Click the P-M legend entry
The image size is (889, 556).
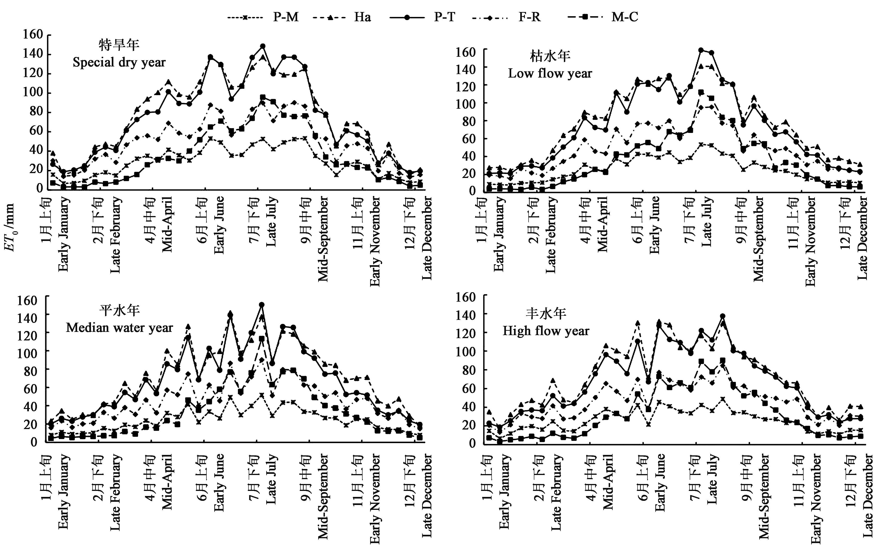pyautogui.click(x=263, y=17)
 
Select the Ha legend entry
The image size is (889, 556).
pyautogui.click(x=342, y=17)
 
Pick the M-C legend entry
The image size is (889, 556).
pyautogui.click(x=603, y=17)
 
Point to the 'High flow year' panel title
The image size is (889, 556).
pyautogui.click(x=546, y=331)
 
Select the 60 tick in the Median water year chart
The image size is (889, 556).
pyautogui.click(x=27, y=389)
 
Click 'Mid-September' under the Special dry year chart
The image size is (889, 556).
pyautogui.click(x=323, y=239)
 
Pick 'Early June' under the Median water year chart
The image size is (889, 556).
pyautogui.click(x=219, y=482)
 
